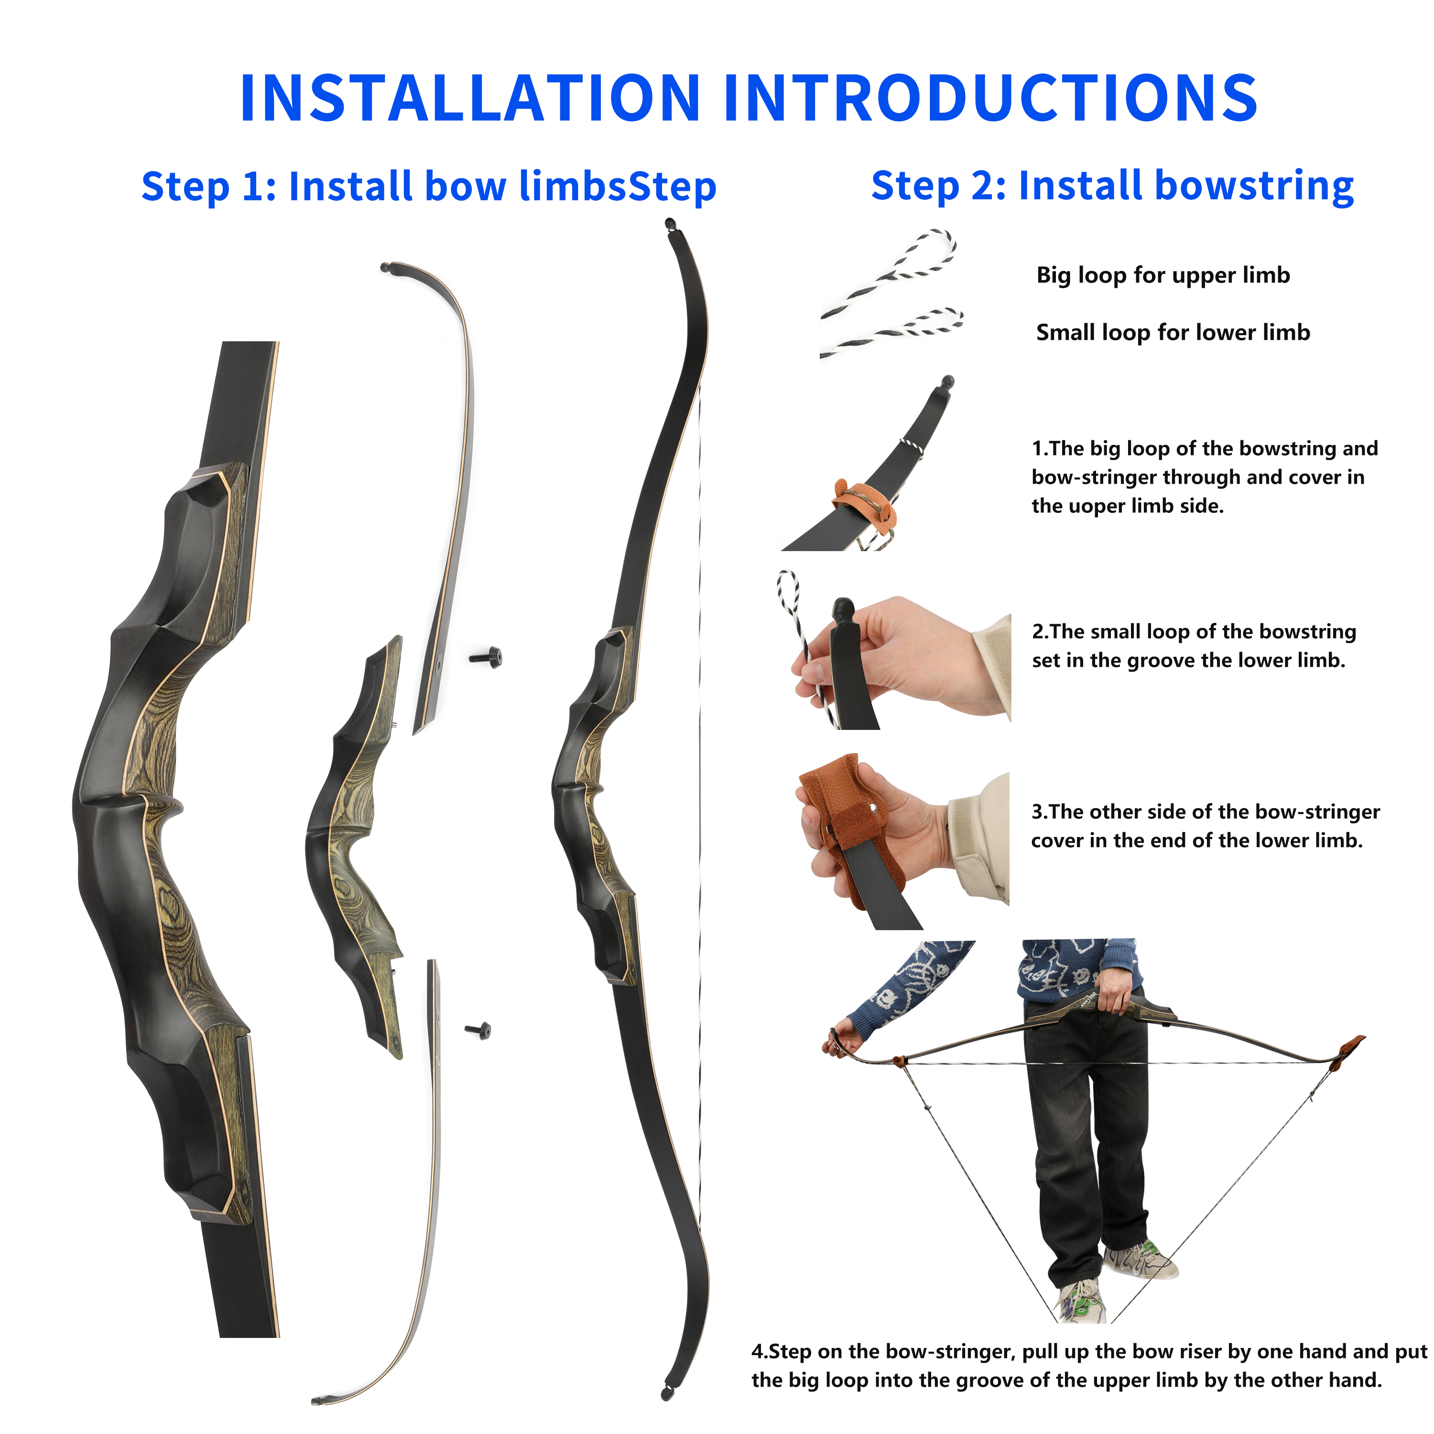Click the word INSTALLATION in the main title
click(x=470, y=98)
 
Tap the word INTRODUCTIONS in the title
click(x=991, y=98)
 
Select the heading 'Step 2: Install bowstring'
click(x=1112, y=185)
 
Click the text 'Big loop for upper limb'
click(x=1163, y=275)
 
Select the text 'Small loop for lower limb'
click(x=1173, y=333)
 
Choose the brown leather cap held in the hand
click(x=851, y=825)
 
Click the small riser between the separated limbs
click(x=355, y=846)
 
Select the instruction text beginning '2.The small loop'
click(x=1194, y=646)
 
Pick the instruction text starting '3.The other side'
click(x=1206, y=826)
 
